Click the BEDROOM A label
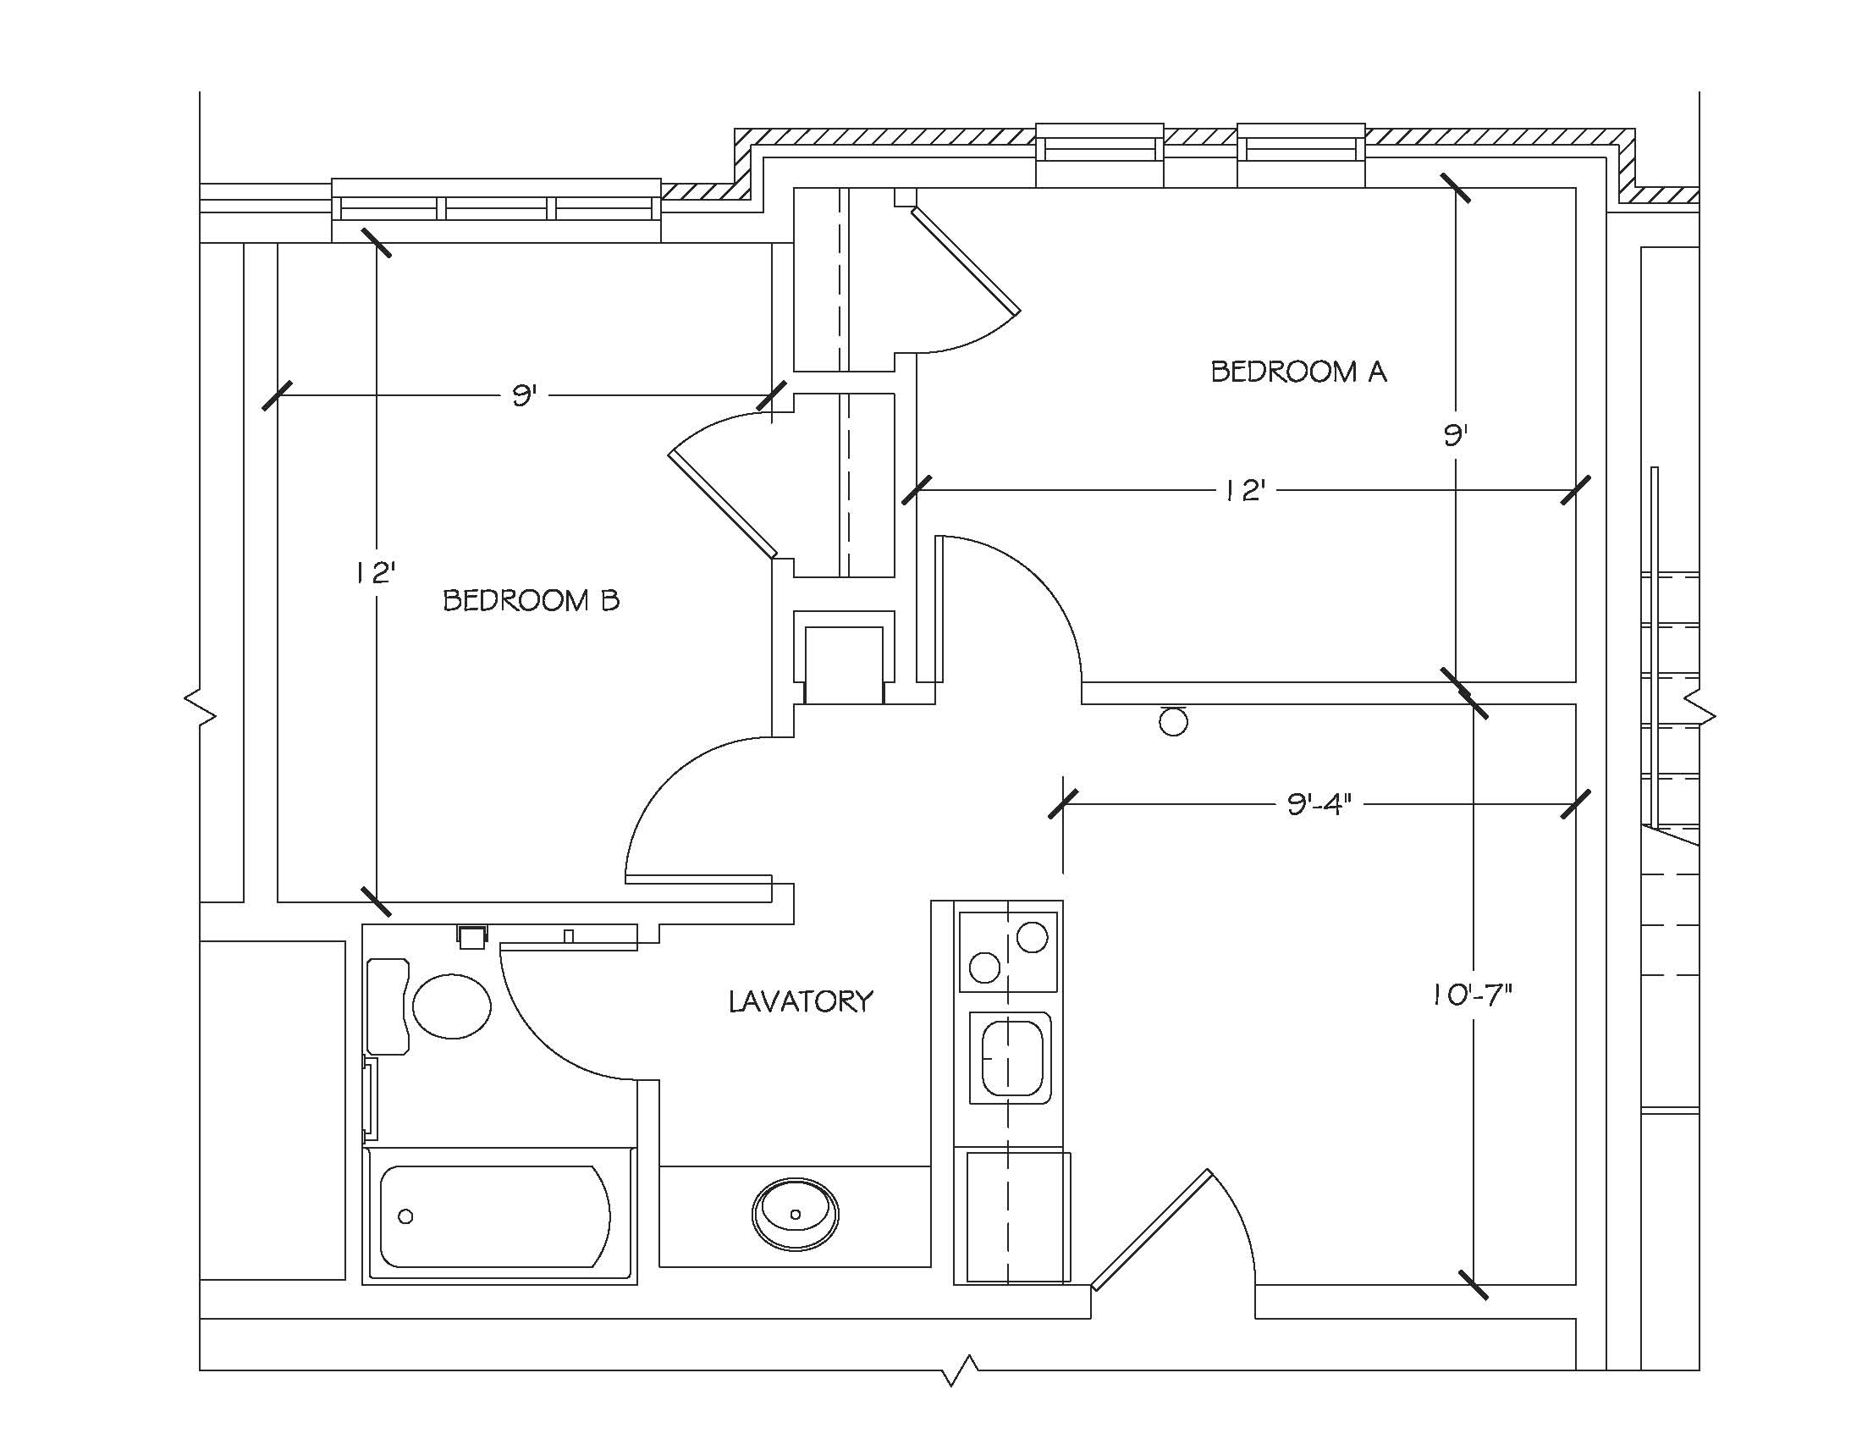(1297, 372)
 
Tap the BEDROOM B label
(531, 601)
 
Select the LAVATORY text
(801, 1001)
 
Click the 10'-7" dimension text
(1472, 995)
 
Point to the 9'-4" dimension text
(1319, 805)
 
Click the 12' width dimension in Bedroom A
(1244, 491)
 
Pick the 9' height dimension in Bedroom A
(1454, 437)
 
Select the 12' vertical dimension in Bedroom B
(376, 573)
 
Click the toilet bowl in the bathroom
(452, 1006)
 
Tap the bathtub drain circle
(405, 1216)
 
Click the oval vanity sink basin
(795, 1214)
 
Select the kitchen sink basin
(1012, 1058)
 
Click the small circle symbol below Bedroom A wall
(1174, 722)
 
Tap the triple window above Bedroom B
(495, 210)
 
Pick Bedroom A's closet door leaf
(965, 260)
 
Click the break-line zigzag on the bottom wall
(961, 1371)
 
